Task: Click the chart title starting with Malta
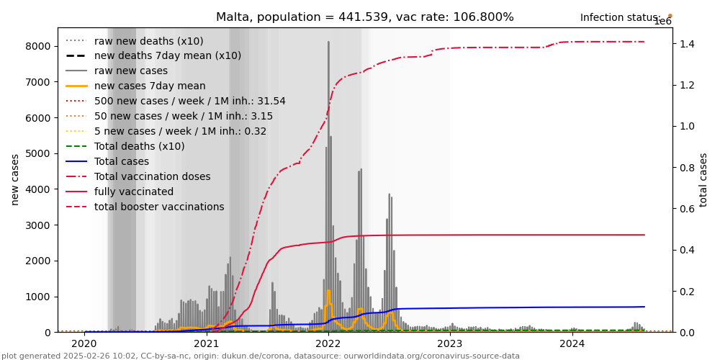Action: click(365, 17)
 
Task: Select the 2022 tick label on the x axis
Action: click(328, 345)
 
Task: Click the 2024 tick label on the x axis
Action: click(572, 345)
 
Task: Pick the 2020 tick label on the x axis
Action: click(84, 345)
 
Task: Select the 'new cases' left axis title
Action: click(15, 179)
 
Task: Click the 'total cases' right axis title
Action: click(703, 179)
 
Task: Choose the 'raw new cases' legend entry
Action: click(130, 71)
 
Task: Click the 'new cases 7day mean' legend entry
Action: click(150, 86)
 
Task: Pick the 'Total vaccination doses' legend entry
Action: click(152, 177)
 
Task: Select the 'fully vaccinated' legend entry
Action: click(134, 192)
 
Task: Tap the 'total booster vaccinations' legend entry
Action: click(159, 207)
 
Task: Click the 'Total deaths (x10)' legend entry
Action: click(139, 147)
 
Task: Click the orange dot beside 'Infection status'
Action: click(670, 15)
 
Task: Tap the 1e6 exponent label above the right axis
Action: click(662, 22)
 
